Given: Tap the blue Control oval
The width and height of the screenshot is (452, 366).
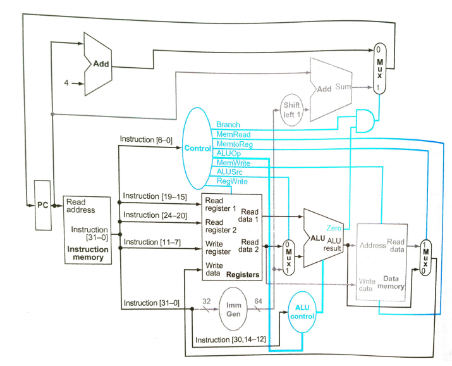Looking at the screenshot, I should (x=198, y=149).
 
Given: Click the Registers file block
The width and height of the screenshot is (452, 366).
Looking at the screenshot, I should (x=231, y=237).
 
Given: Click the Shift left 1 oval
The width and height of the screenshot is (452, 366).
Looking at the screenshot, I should (x=291, y=112).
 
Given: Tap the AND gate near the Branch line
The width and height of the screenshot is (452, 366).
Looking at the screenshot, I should (x=364, y=120).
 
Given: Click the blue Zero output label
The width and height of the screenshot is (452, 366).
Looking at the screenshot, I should (x=334, y=227).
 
